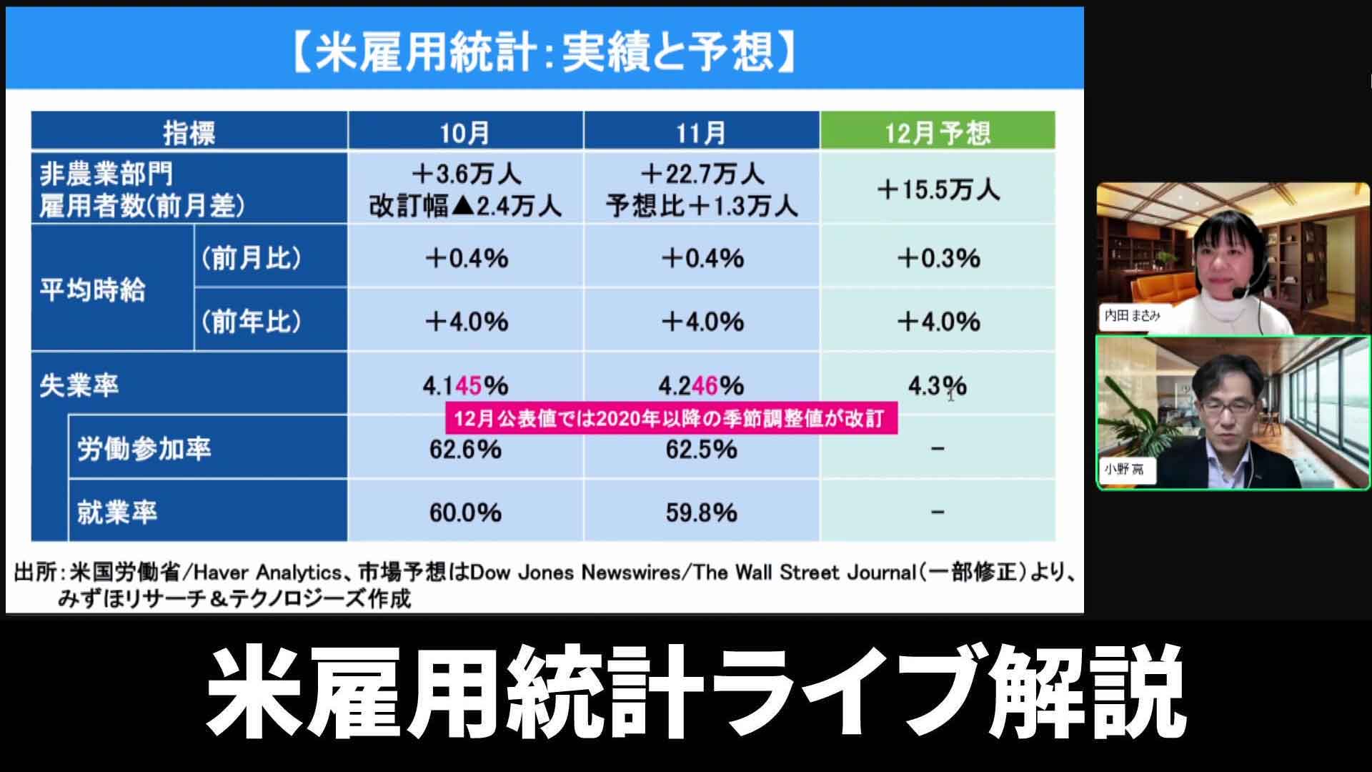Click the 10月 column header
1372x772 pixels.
[465, 132]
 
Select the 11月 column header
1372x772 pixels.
[701, 132]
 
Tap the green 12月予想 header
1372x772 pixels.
[938, 132]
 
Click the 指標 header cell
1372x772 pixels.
[189, 132]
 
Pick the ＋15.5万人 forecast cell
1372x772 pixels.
[938, 189]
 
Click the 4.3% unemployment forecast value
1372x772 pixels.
[938, 386]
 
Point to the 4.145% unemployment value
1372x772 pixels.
[465, 386]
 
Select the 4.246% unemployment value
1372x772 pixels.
[701, 386]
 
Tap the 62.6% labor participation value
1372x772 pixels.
[465, 450]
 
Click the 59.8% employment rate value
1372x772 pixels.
[701, 513]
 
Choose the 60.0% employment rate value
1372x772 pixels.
[465, 513]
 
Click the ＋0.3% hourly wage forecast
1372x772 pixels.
[938, 258]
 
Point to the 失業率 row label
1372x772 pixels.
[79, 386]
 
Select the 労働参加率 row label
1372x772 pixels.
[144, 450]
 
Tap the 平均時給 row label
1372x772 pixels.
[92, 290]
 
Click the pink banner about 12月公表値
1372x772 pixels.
[671, 419]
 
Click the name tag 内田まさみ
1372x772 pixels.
[1132, 315]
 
